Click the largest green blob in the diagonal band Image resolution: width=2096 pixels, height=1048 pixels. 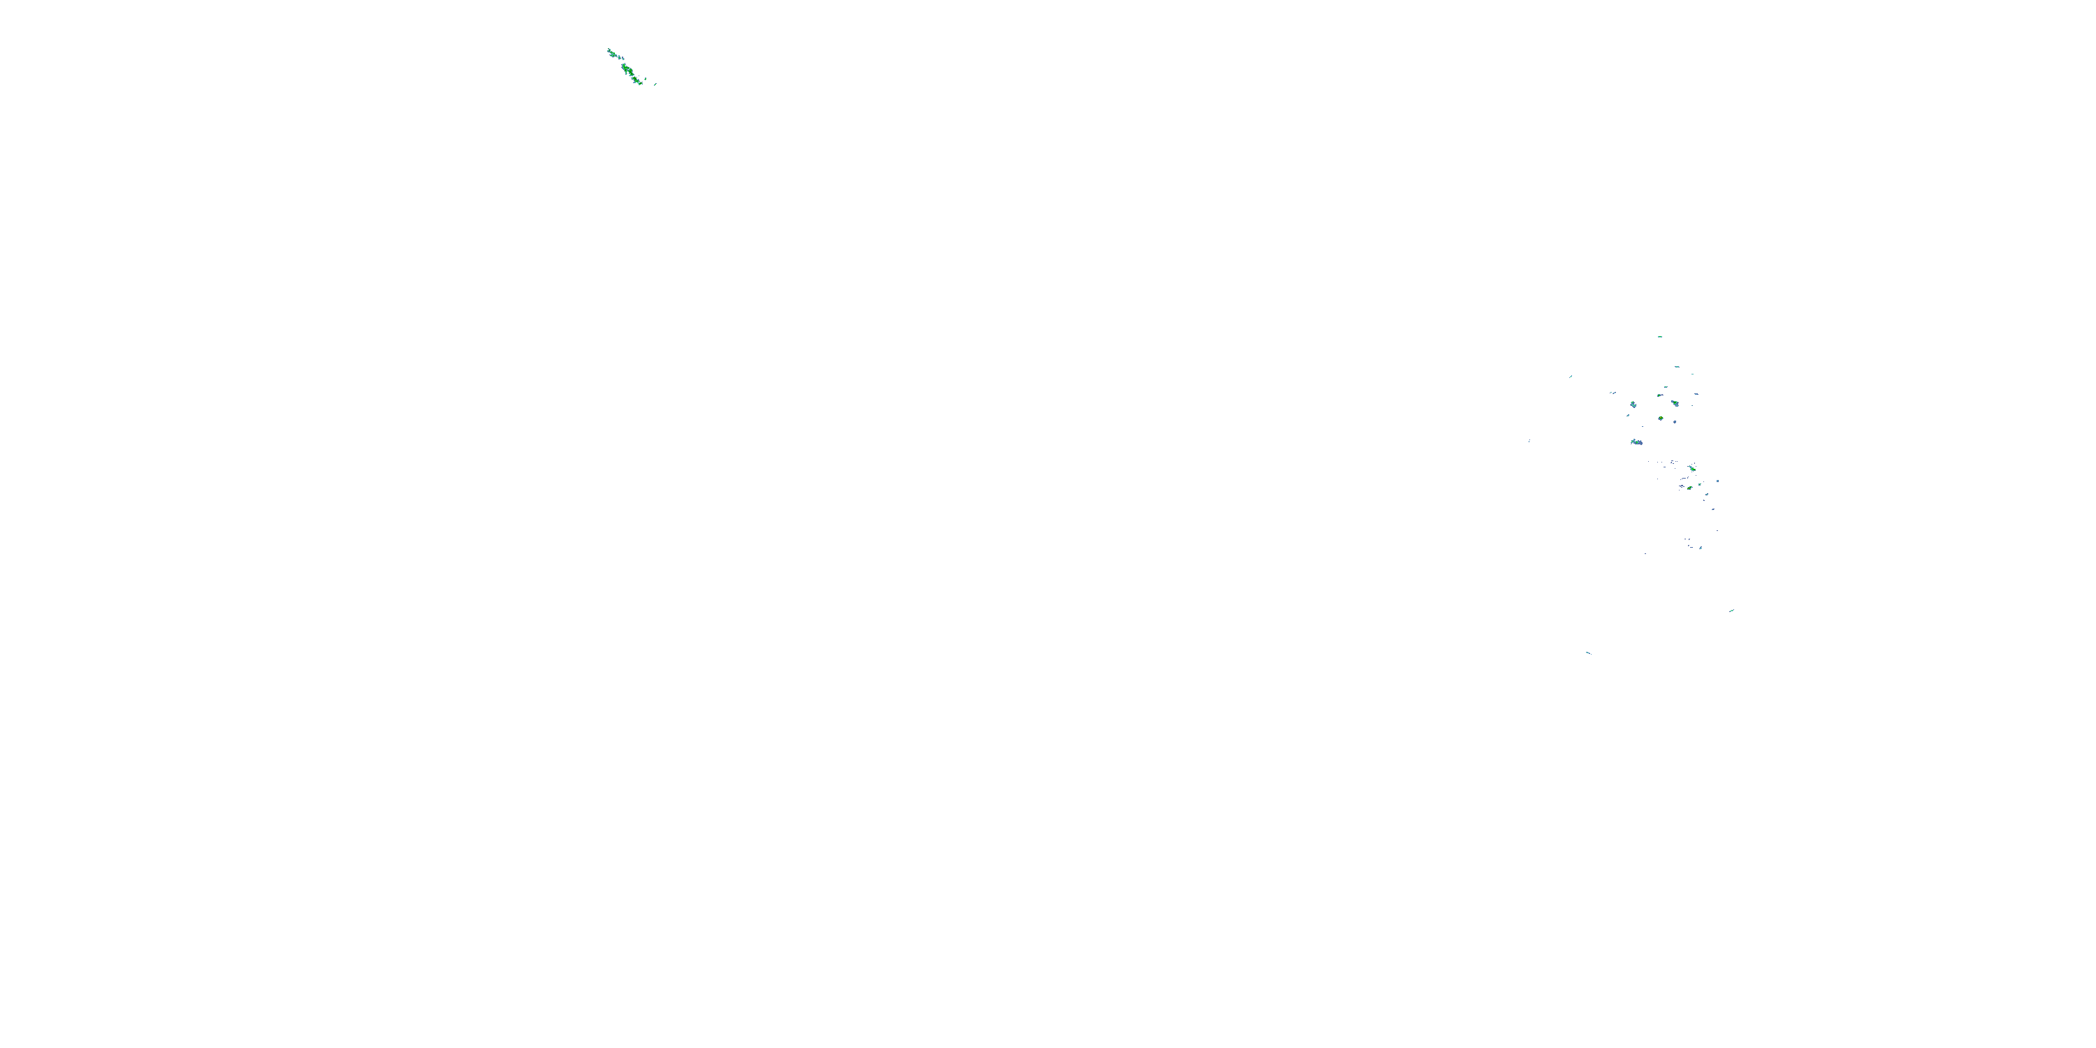tap(627, 70)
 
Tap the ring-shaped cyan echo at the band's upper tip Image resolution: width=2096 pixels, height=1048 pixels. tap(609, 50)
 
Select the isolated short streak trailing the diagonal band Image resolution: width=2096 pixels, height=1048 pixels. tap(656, 85)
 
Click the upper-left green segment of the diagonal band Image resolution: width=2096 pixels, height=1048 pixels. tap(613, 54)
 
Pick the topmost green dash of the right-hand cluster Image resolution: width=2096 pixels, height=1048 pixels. tap(1660, 337)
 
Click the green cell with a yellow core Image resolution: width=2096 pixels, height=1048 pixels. tap(1661, 419)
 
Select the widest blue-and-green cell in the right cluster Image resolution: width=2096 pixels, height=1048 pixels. tap(1637, 443)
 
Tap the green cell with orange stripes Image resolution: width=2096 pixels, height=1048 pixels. tap(1690, 488)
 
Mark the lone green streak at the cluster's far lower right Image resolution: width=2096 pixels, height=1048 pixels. tap(1731, 610)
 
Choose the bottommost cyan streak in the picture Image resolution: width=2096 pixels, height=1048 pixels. tap(1588, 653)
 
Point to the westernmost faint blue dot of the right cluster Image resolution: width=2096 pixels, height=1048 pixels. tap(1529, 441)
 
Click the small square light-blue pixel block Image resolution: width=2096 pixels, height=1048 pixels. tap(1717, 481)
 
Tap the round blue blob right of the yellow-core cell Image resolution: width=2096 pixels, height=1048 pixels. tap(1675, 422)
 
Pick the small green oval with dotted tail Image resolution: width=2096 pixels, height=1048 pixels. tap(1659, 395)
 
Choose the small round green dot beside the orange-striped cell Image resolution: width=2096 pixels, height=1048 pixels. tap(1700, 485)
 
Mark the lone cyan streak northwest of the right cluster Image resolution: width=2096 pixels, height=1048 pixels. tap(1571, 376)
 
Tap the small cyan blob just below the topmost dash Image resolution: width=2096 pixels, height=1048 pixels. tap(1677, 367)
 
